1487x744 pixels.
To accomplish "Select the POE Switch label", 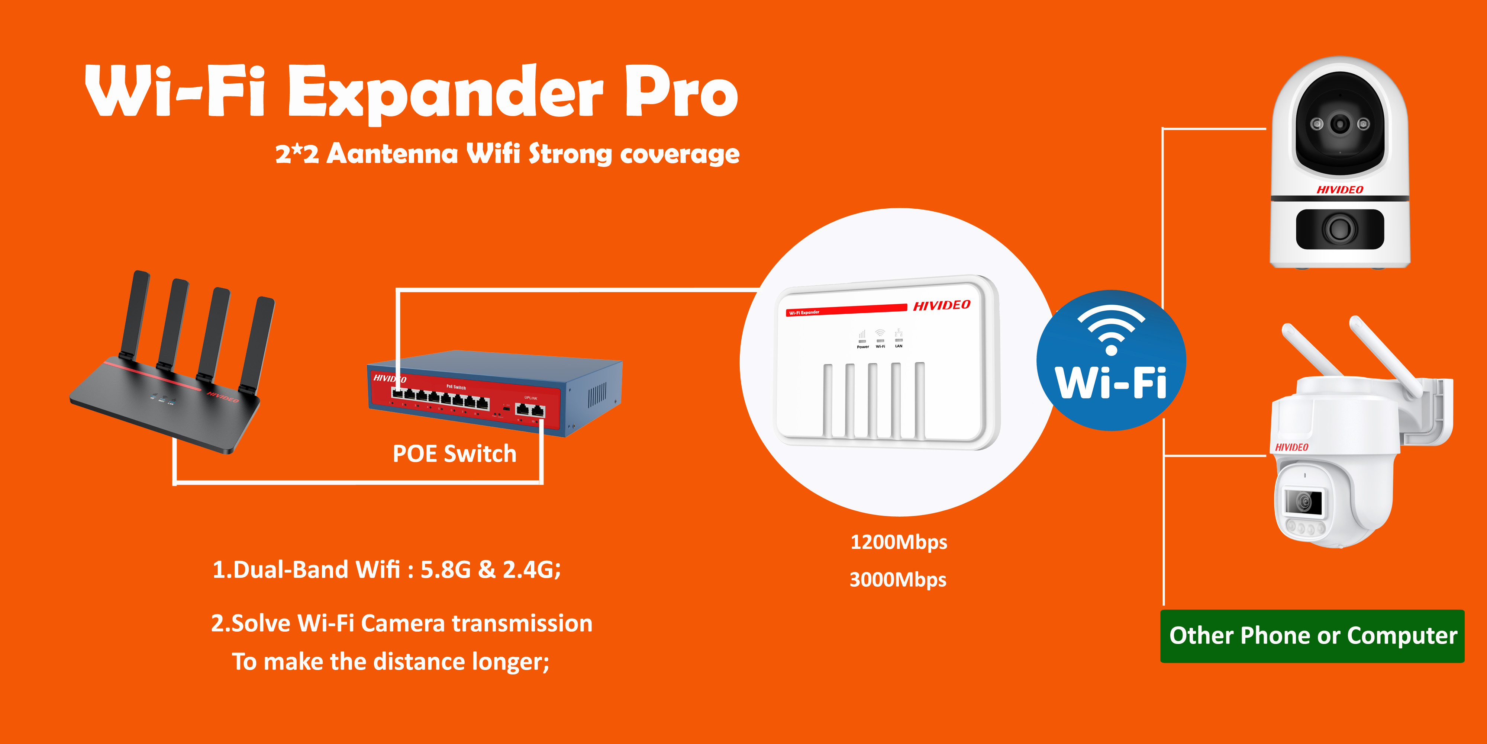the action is tap(454, 453).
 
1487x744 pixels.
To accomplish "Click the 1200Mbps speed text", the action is tap(899, 542).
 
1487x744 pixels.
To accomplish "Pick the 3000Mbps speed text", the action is tap(898, 579).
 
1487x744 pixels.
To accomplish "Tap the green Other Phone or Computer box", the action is tap(1312, 636).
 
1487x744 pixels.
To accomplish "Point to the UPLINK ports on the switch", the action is tap(530, 410).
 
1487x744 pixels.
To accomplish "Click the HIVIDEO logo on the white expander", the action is tap(942, 305).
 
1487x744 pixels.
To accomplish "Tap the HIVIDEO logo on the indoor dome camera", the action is tap(1340, 189).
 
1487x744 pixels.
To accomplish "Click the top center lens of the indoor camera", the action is tap(1340, 123).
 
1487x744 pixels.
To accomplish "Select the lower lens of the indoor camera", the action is tap(1340, 229).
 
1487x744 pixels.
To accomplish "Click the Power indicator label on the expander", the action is tap(862, 347).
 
